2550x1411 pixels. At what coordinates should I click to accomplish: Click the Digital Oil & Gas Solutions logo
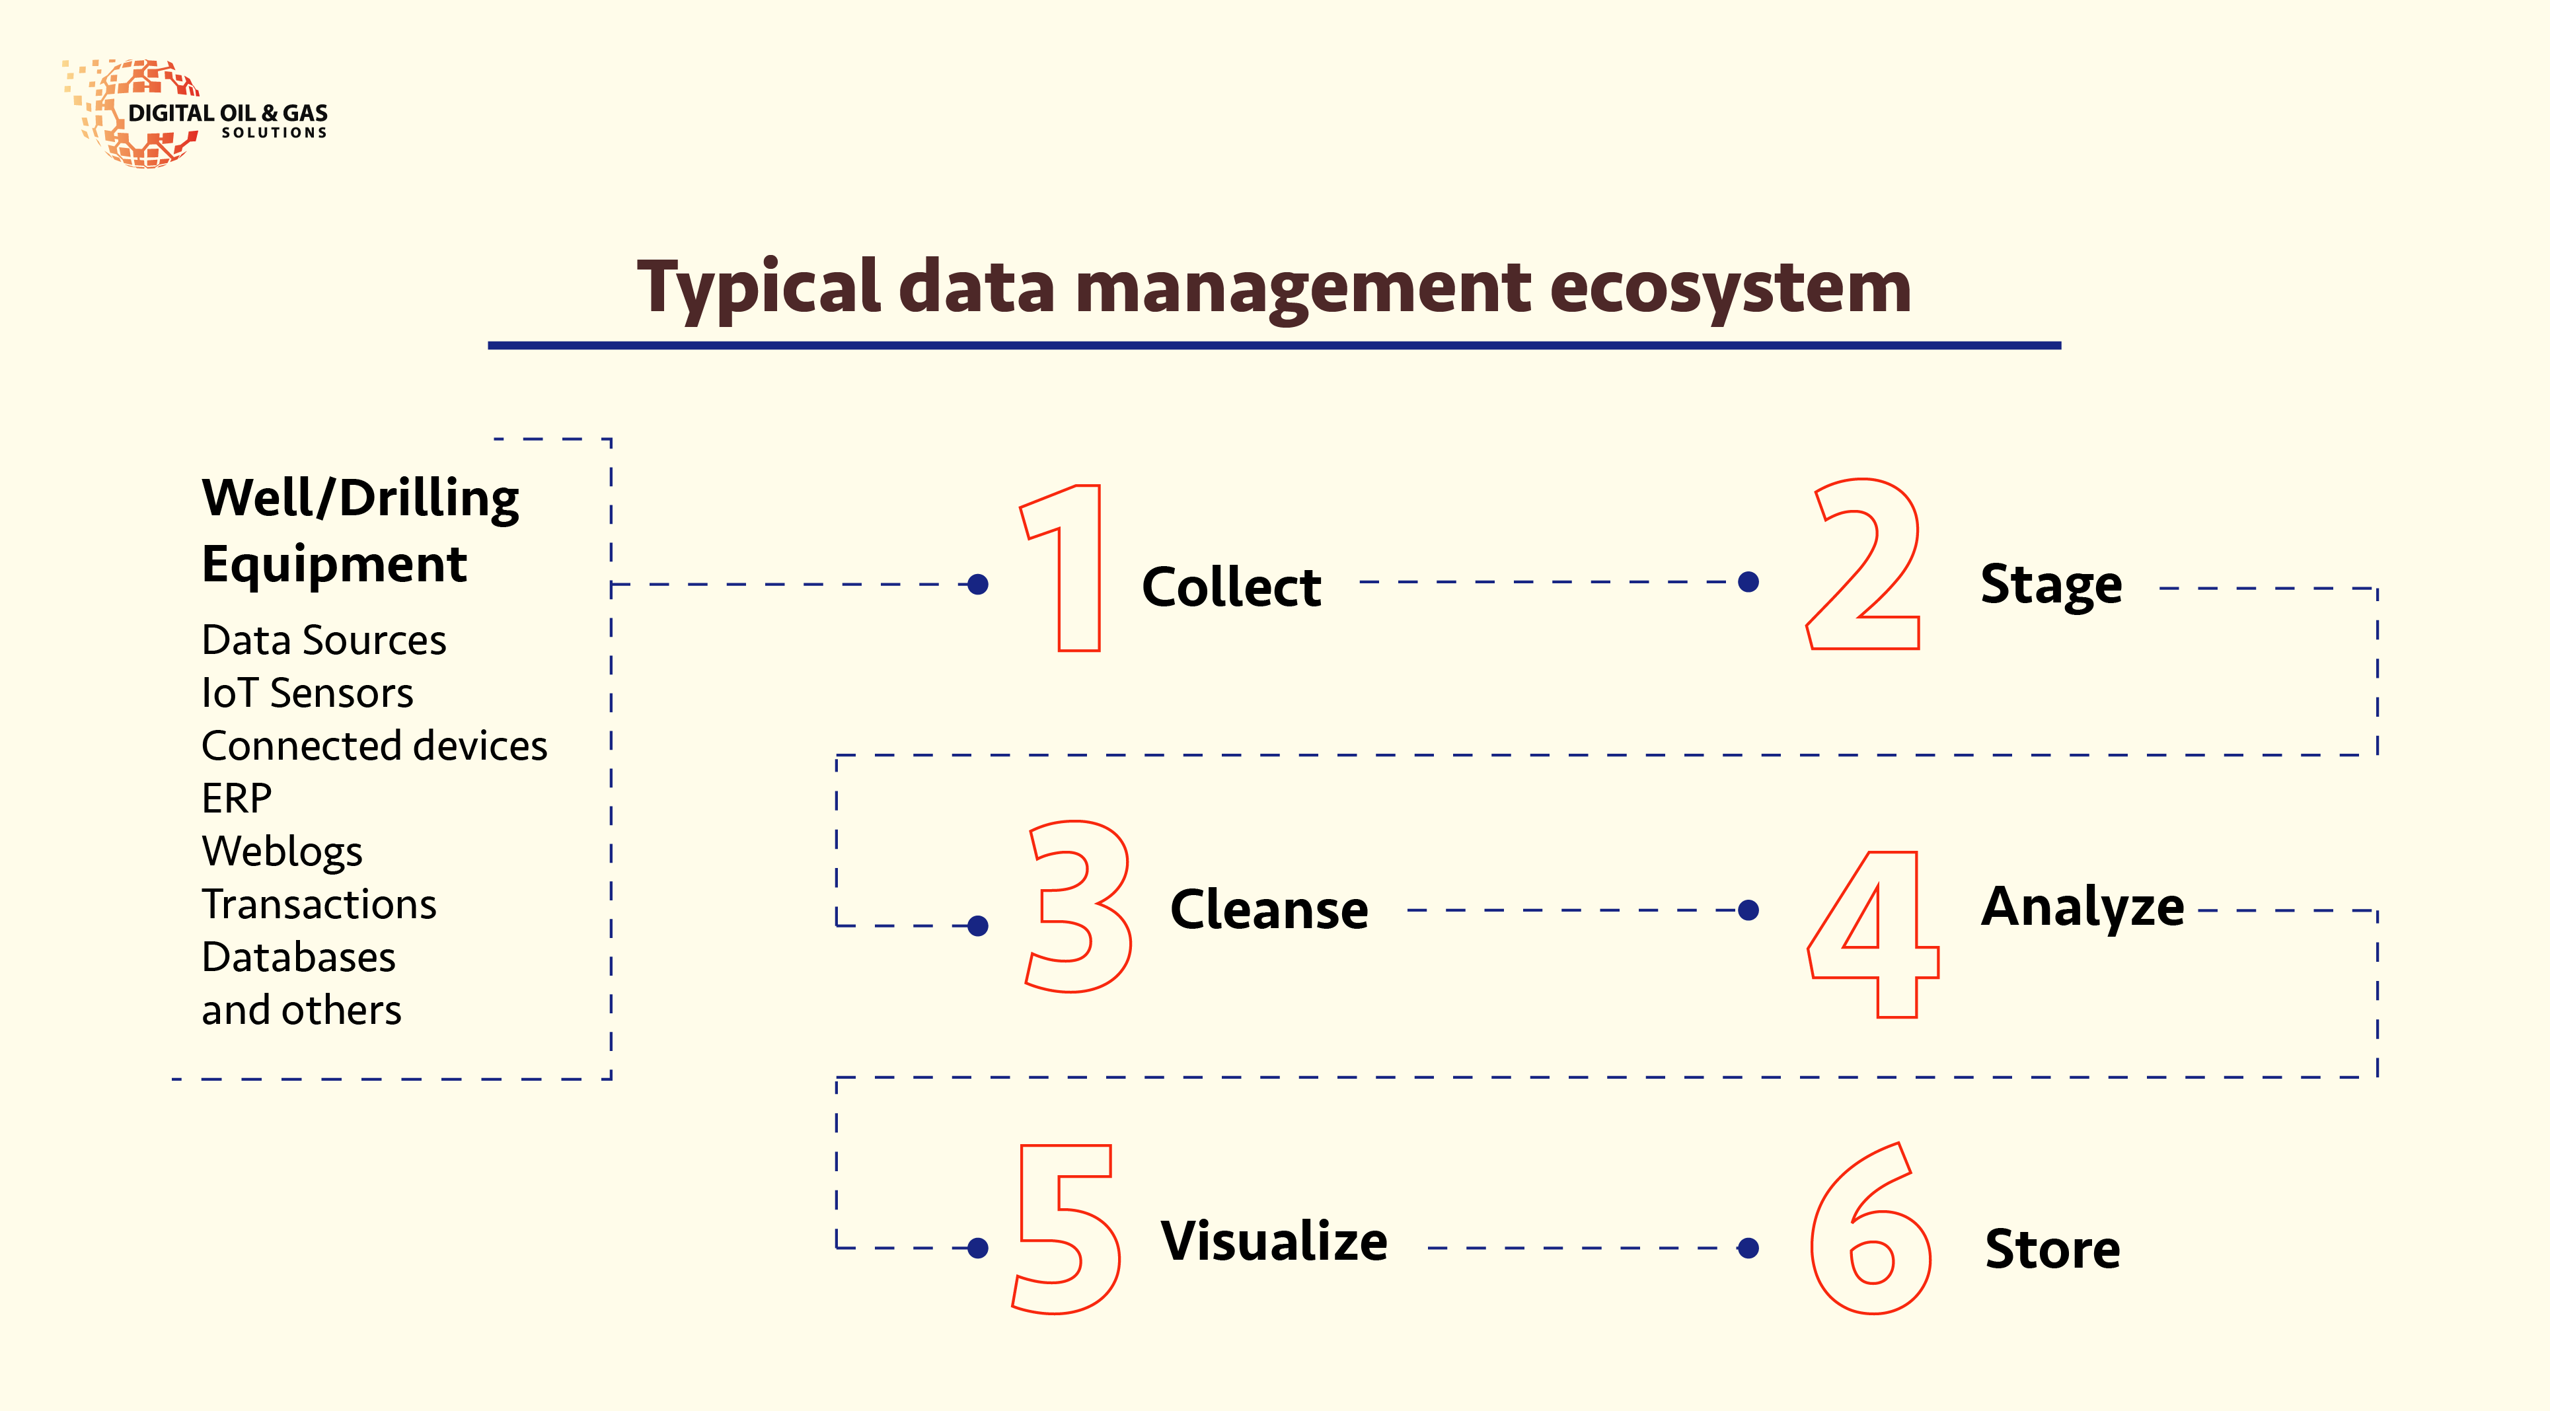point(195,114)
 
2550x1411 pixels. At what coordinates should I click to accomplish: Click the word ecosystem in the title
point(1731,288)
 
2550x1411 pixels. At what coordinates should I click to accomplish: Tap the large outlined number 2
point(1863,564)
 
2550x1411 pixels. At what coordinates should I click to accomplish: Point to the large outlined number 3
point(1079,906)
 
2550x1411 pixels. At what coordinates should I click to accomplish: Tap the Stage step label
point(2051,585)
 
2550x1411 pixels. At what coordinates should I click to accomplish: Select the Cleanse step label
point(1269,910)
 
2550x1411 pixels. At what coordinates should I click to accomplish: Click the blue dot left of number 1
point(978,585)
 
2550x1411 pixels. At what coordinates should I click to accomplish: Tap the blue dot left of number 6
point(1749,1248)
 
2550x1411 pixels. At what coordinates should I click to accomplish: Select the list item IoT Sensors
point(307,693)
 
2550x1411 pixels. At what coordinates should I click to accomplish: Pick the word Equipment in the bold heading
point(334,566)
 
